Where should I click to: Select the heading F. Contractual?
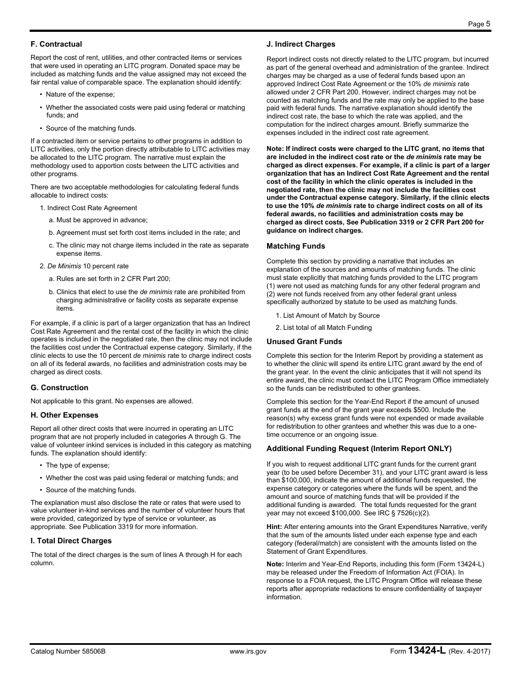pos(56,44)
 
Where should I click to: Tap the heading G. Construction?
pos(59,387)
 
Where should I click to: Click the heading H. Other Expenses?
pos(64,415)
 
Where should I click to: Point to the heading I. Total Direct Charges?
pos(71,541)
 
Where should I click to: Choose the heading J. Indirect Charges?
pos(301,44)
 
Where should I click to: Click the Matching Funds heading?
pos(296,246)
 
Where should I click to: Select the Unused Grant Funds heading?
pos(304,341)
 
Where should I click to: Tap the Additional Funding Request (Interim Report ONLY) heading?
pos(359,448)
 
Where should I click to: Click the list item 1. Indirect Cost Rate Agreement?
pos(88,207)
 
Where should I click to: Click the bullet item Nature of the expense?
pos(80,94)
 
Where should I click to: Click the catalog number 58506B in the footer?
pos(68,651)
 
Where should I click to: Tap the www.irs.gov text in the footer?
pos(248,651)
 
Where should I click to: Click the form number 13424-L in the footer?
pos(427,651)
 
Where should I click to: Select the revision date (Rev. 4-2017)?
pos(469,651)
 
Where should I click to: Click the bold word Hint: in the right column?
pos(274,527)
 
